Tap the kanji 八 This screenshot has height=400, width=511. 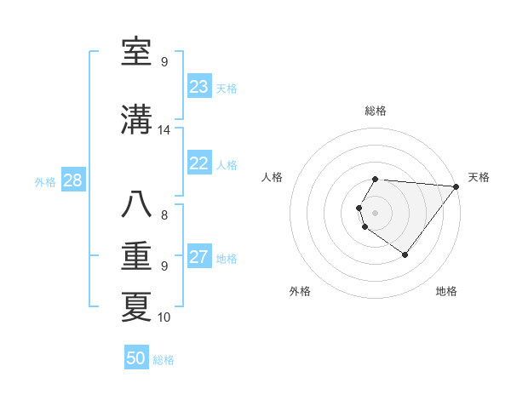click(x=137, y=205)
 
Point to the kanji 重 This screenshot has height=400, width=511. click(x=137, y=257)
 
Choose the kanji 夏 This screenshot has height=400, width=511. click(x=137, y=308)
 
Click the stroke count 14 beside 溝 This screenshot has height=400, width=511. click(x=164, y=130)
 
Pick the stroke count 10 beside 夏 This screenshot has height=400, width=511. click(x=164, y=317)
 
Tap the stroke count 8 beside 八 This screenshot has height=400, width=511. click(x=164, y=214)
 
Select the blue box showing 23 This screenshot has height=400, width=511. click(x=199, y=87)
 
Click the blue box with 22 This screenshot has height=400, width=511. click(x=199, y=163)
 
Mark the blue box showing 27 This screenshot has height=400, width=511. click(x=199, y=257)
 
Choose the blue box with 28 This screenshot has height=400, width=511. click(x=72, y=180)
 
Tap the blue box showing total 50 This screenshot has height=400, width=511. click(x=136, y=358)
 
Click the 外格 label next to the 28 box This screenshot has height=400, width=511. click(x=45, y=181)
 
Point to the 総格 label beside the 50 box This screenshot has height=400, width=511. click(x=164, y=360)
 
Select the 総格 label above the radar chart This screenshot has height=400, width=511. click(x=376, y=111)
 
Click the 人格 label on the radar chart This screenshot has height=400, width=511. click(x=273, y=177)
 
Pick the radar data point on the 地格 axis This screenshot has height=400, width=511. click(x=405, y=254)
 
